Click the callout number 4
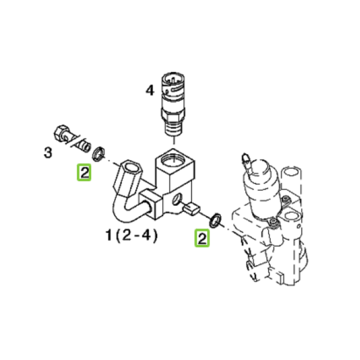(150, 90)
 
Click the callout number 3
(48, 152)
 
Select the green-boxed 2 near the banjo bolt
(84, 172)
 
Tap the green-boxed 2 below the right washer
(202, 238)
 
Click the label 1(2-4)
(131, 235)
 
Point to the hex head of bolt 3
(62, 133)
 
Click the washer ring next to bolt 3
(98, 154)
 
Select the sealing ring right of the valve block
(215, 220)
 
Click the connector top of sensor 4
(172, 84)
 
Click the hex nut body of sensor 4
(173, 115)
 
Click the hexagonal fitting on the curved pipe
(127, 178)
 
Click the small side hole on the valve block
(178, 198)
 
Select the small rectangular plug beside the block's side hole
(191, 209)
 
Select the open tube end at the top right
(292, 171)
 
